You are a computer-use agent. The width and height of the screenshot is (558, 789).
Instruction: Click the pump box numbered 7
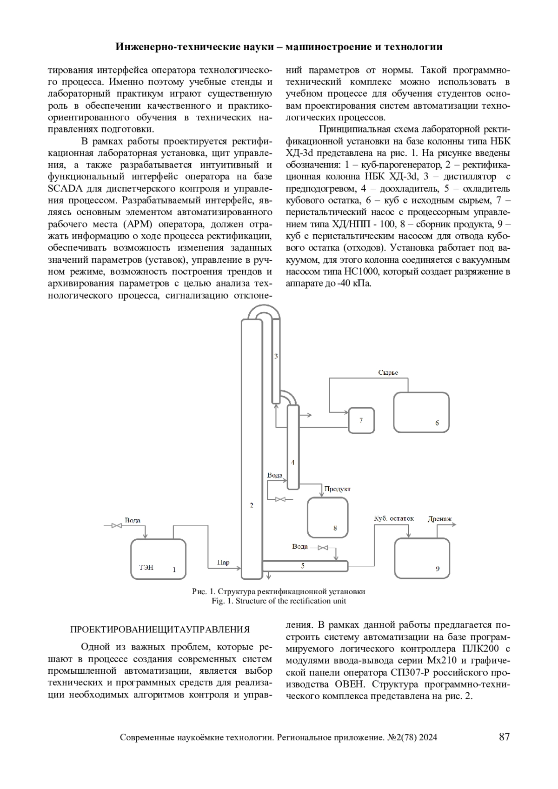361,420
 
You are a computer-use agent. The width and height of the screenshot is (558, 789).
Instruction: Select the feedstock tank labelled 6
421,412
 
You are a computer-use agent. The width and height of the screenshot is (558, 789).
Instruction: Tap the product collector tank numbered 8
327,517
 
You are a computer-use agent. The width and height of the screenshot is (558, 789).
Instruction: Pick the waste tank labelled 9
422,558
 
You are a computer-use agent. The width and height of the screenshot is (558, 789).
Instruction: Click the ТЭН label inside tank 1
146,568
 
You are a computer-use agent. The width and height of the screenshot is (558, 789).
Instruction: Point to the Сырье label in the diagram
388,372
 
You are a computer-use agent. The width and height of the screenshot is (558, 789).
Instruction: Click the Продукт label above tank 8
337,489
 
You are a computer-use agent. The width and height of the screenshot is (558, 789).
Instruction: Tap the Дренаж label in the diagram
439,520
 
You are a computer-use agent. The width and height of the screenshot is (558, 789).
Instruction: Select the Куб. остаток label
393,518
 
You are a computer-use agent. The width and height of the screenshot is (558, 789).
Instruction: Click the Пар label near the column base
223,563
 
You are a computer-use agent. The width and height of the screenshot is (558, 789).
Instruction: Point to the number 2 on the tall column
252,505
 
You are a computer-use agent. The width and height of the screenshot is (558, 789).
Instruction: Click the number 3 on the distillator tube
276,356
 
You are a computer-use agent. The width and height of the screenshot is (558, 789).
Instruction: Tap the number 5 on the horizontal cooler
303,566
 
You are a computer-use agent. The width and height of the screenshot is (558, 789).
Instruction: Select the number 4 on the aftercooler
292,463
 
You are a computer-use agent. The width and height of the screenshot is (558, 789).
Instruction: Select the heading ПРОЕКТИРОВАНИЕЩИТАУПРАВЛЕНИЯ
159,630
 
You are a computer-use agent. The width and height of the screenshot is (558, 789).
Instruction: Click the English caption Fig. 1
279,601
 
